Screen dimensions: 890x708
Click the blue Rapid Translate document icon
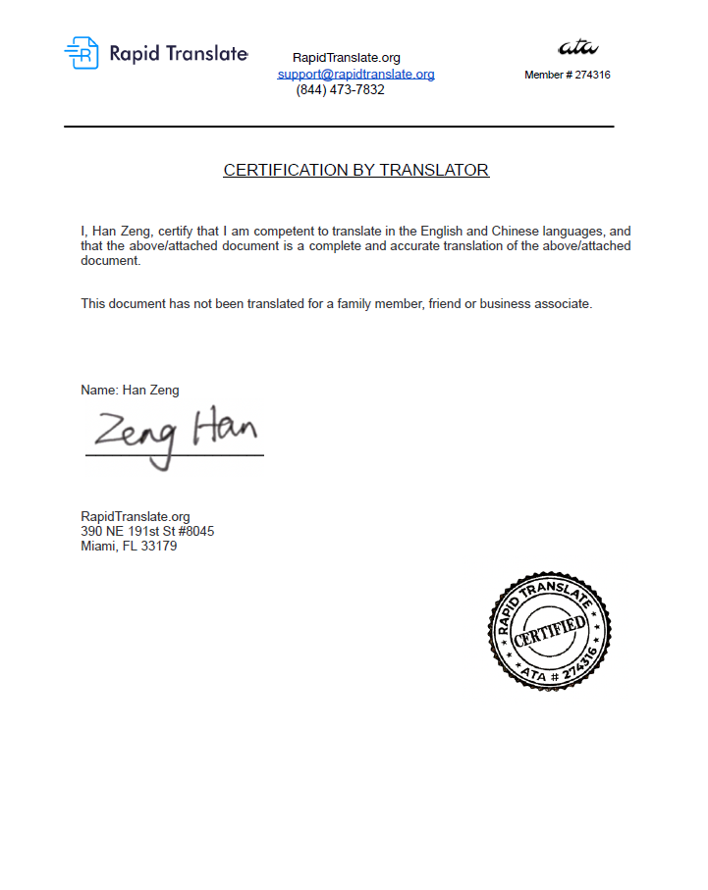(x=82, y=53)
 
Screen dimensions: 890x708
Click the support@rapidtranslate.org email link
(x=356, y=74)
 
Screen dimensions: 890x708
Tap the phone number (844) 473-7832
(x=340, y=90)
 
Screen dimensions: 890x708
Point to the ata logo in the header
(x=577, y=47)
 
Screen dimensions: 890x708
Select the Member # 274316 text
(x=568, y=75)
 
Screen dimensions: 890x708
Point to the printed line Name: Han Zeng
(x=130, y=390)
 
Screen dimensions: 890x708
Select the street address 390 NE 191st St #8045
(x=147, y=531)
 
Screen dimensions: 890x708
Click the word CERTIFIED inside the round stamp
(x=550, y=630)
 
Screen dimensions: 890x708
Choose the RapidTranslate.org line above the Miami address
(x=135, y=516)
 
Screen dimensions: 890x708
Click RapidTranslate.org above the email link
(x=347, y=58)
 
